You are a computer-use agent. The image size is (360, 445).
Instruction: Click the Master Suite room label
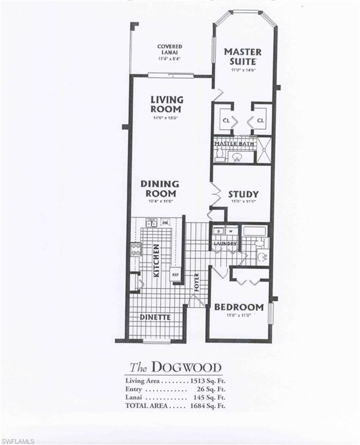pos(243,56)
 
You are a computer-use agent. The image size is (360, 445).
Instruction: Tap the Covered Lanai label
pos(169,50)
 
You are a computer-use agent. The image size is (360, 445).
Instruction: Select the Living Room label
pos(166,104)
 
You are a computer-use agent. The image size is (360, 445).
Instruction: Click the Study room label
pos(243,195)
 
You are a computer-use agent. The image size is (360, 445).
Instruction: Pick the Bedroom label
pos(239,307)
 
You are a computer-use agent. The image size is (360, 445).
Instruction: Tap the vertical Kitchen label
pos(156,259)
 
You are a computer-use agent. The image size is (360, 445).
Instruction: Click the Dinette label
pos(155,318)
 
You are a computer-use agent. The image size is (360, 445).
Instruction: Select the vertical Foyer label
pos(197,282)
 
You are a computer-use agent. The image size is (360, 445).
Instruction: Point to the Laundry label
pos(224,244)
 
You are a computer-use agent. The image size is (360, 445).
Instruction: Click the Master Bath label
pos(235,143)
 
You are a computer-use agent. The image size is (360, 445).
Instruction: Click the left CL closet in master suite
pos(225,121)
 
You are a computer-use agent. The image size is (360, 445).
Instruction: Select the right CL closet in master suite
pos(260,121)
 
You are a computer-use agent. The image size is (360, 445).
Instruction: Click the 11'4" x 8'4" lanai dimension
pos(169,59)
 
